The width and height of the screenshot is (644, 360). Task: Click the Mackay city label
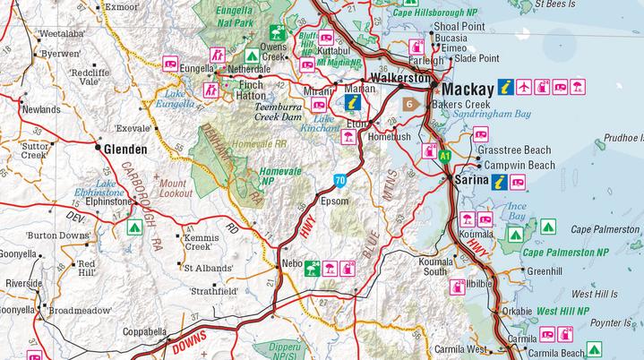click(468, 90)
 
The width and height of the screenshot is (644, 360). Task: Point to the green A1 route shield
click(445, 156)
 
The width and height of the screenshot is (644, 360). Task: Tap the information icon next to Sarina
click(500, 182)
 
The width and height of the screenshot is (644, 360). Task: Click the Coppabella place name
click(143, 331)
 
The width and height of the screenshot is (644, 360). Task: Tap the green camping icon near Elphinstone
click(132, 227)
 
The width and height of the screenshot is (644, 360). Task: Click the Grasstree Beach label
click(514, 150)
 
